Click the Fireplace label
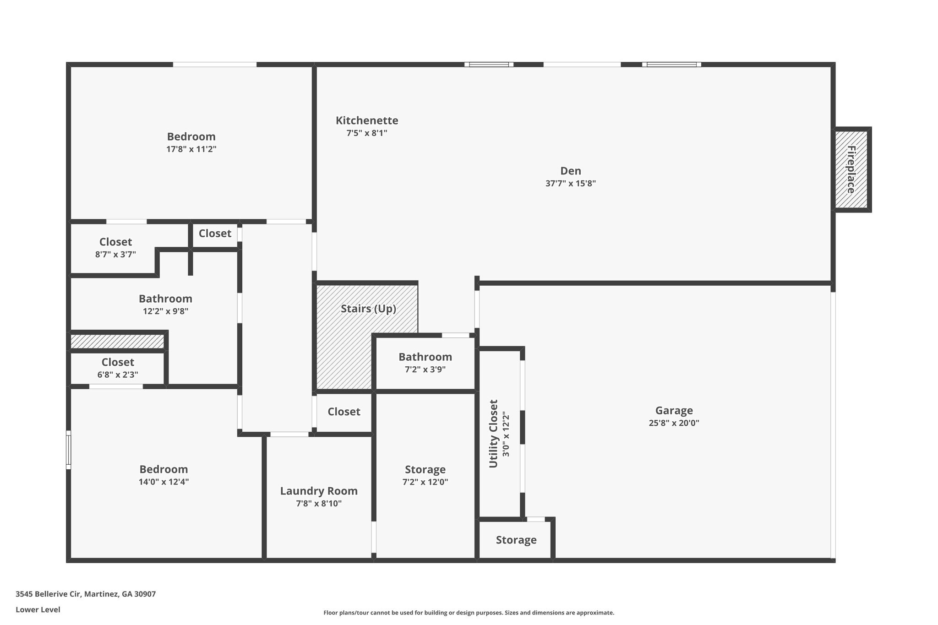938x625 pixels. click(851, 169)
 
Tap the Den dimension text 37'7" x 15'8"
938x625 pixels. click(570, 184)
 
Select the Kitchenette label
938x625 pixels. click(367, 120)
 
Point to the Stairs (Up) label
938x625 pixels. click(368, 309)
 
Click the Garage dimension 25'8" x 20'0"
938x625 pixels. click(674, 423)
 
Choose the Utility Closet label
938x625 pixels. click(493, 434)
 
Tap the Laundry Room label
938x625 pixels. click(319, 491)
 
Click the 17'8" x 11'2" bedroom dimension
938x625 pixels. click(191, 149)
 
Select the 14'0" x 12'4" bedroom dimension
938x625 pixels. click(164, 482)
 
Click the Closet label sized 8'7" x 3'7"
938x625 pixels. click(115, 242)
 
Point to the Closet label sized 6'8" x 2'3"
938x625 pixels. click(118, 362)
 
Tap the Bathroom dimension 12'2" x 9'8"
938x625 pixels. click(165, 311)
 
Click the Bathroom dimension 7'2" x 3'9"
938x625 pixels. click(425, 369)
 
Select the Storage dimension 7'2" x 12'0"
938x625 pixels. click(425, 482)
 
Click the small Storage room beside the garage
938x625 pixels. click(516, 540)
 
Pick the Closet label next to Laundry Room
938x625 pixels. click(344, 412)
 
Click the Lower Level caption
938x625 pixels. click(38, 609)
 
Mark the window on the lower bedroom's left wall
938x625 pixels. click(69, 450)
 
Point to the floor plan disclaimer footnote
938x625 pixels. click(469, 613)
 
